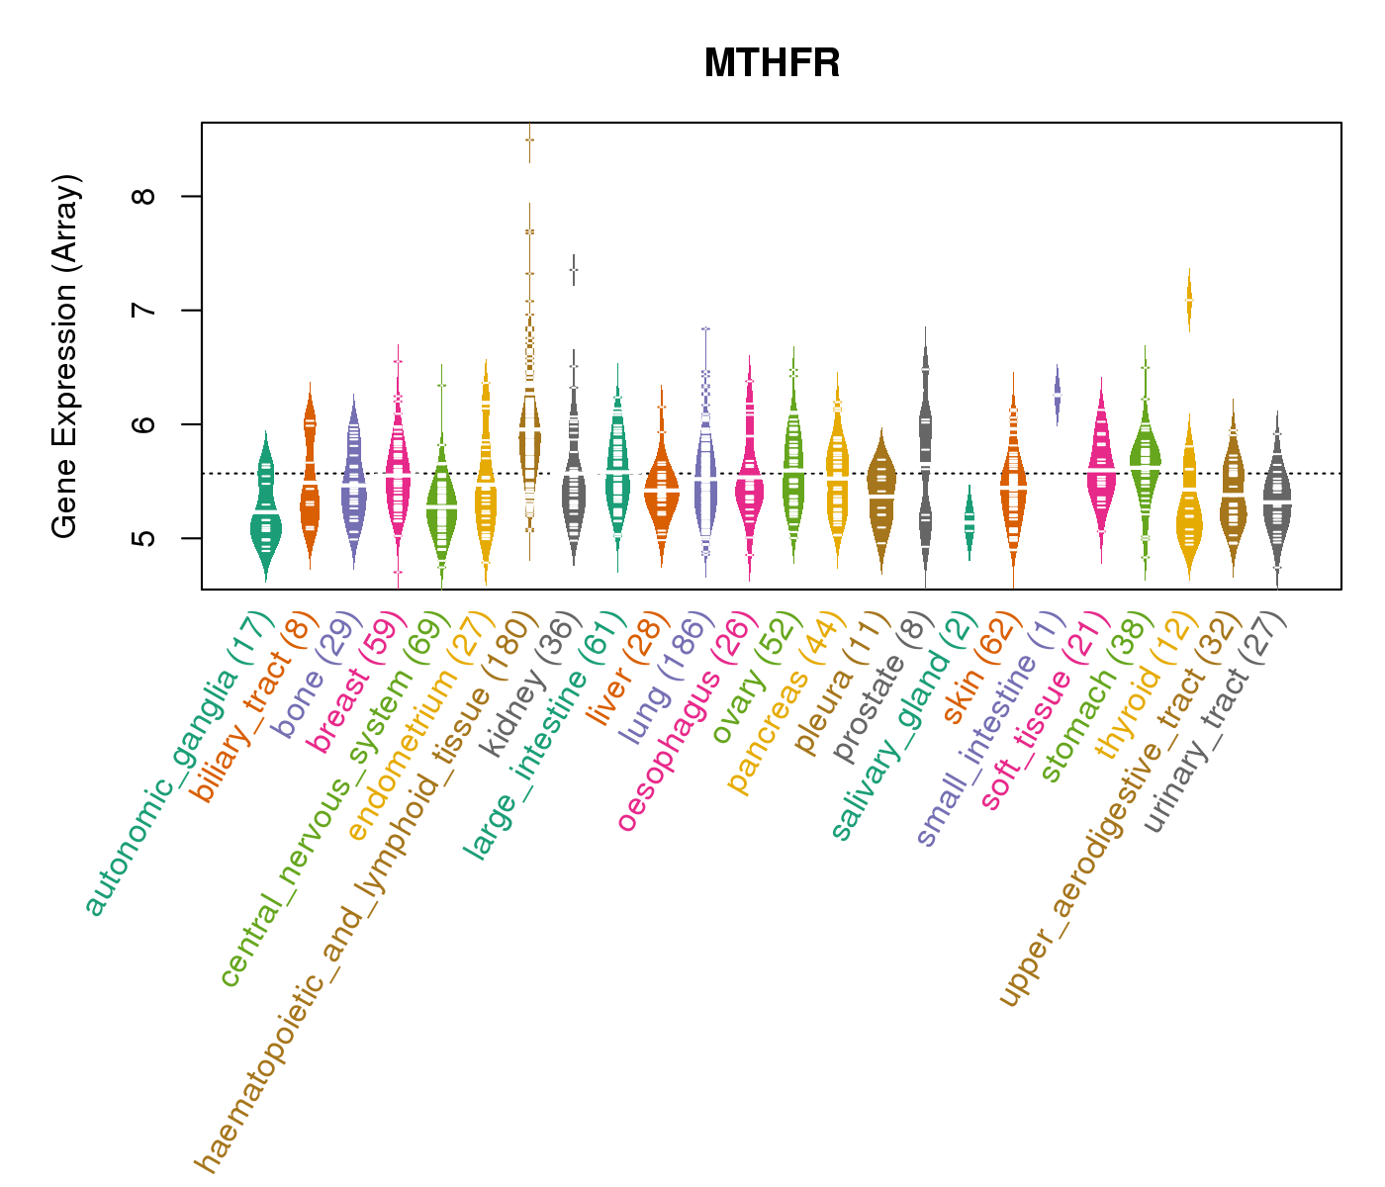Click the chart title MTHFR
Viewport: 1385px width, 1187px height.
(772, 64)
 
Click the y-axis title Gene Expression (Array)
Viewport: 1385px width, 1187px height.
(65, 356)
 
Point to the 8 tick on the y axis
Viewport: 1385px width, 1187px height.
(145, 196)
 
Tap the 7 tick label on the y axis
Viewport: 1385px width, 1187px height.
(145, 310)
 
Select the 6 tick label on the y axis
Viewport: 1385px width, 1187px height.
(145, 424)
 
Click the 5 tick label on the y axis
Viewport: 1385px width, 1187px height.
(145, 538)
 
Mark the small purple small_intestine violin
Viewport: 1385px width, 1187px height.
(1057, 393)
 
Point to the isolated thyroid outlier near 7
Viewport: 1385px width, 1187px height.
(1189, 299)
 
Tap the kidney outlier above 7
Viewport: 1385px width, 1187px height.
(573, 269)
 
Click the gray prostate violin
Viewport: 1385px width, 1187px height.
(925, 455)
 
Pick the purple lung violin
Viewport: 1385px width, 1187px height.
(705, 475)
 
